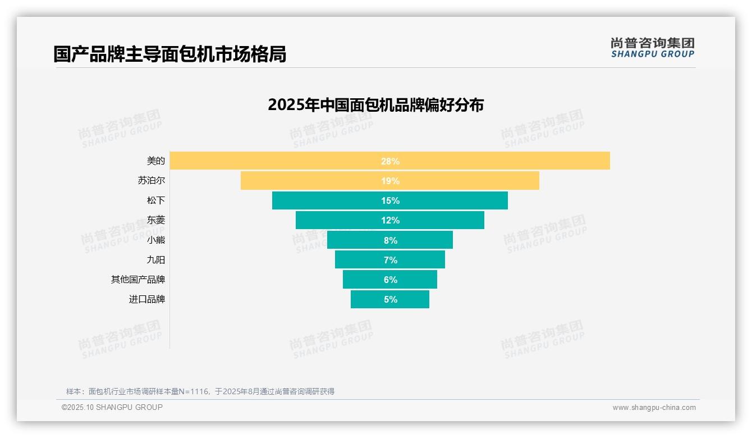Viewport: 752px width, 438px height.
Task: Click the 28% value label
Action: (390, 161)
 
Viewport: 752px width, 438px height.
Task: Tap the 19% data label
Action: (390, 181)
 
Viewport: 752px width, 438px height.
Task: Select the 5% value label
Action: (391, 299)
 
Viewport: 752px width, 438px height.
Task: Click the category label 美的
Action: (156, 161)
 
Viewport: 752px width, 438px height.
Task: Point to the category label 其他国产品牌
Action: (138, 279)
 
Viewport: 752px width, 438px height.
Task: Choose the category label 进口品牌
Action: (147, 299)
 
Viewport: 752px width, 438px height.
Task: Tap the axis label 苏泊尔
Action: (152, 180)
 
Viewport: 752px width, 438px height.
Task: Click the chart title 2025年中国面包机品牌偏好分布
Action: (375, 105)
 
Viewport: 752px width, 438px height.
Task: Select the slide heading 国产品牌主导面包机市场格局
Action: (169, 54)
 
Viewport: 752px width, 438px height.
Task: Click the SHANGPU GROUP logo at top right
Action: (652, 48)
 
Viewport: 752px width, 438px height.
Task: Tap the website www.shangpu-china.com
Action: (654, 408)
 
